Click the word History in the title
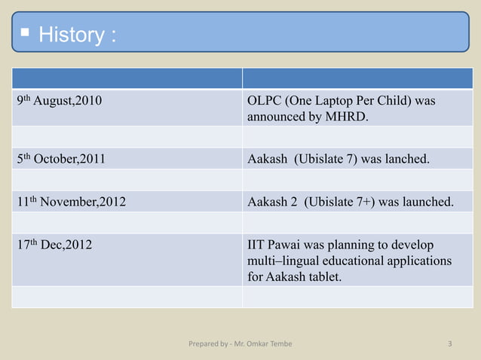click(71, 35)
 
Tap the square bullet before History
click(25, 34)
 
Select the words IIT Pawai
click(275, 246)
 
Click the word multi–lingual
click(283, 262)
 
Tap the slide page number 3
click(449, 345)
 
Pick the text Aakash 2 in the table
click(271, 202)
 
